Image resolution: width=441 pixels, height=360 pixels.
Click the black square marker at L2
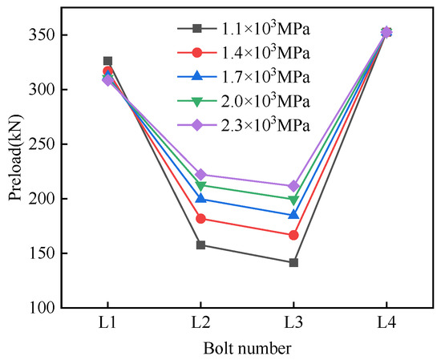point(200,245)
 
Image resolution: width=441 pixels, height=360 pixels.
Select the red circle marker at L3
point(293,235)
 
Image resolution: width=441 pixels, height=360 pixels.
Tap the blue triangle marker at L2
point(200,198)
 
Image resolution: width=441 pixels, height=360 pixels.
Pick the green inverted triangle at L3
point(293,200)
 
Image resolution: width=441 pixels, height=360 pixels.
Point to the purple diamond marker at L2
point(200,174)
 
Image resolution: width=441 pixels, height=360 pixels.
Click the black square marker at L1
point(108,61)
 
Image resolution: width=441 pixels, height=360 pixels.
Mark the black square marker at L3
point(293,262)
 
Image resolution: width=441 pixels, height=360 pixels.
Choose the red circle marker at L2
point(200,218)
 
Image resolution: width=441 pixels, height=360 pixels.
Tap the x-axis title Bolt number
point(247,348)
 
